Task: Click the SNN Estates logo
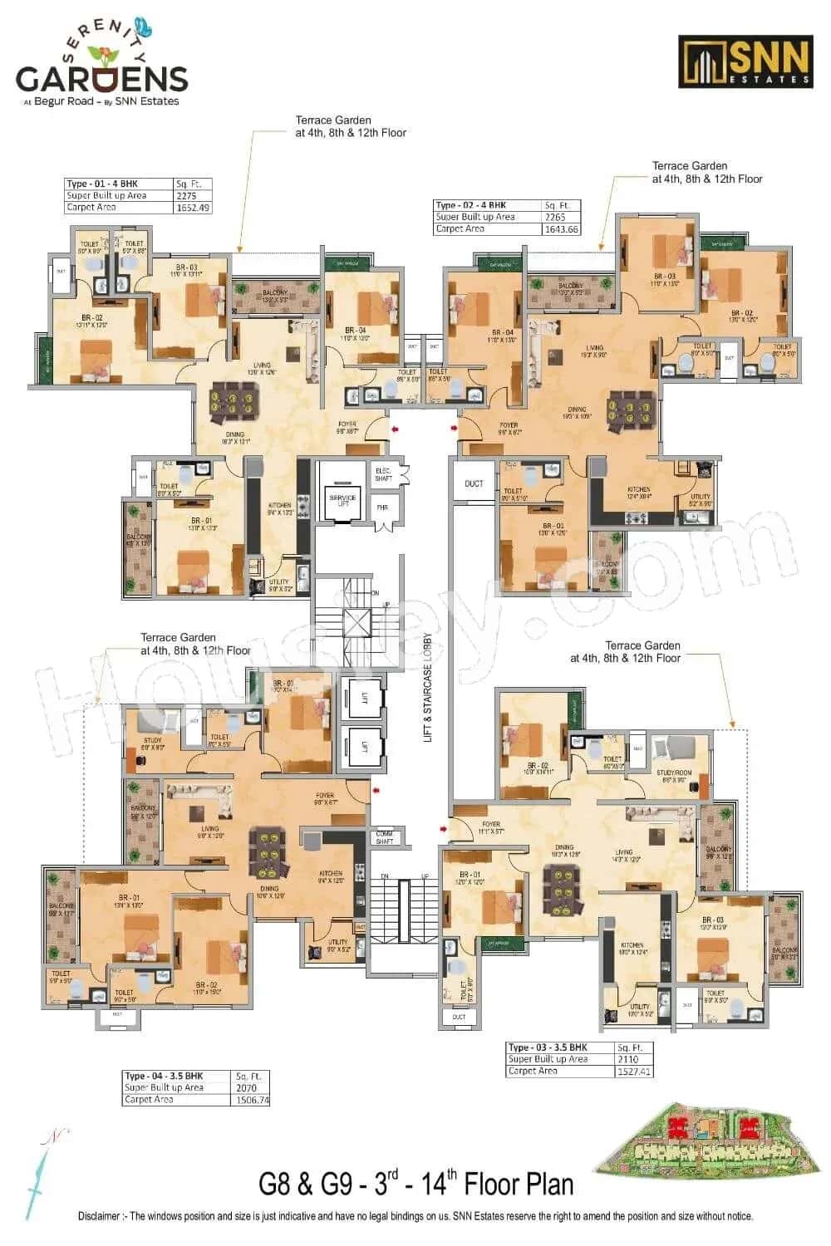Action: [x=745, y=61]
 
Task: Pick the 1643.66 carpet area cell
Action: [x=562, y=228]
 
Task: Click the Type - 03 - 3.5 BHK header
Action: [x=548, y=1047]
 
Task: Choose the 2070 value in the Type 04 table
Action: [x=247, y=1087]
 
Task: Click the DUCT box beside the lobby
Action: [x=473, y=483]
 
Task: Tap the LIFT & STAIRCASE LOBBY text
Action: [x=429, y=687]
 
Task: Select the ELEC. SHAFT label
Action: [x=384, y=472]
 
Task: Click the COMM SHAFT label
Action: [x=384, y=837]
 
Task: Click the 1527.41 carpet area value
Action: [x=634, y=1072]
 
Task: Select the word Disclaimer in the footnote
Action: [x=104, y=1216]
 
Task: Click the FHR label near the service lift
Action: [x=383, y=508]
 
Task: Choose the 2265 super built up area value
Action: [x=554, y=217]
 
